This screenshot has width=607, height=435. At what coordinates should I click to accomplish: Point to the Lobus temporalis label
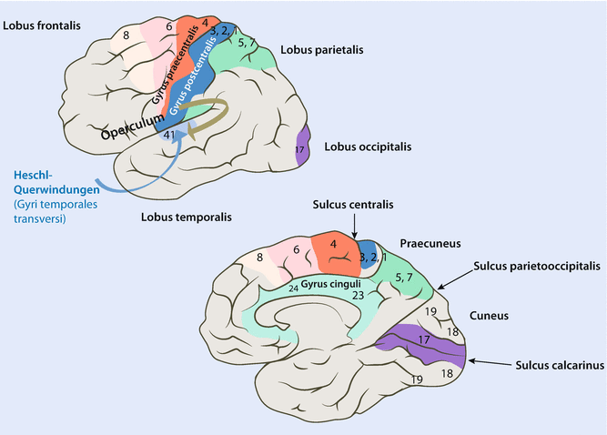[x=186, y=217]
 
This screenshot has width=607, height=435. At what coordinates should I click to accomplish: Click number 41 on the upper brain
[x=169, y=136]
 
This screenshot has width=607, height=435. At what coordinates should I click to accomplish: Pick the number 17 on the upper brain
[x=300, y=149]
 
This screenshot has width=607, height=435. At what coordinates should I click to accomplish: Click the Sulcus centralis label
[x=351, y=207]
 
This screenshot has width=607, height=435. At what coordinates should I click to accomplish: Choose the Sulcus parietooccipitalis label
[x=538, y=268]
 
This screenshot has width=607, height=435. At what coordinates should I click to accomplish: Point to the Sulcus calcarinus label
[x=548, y=364]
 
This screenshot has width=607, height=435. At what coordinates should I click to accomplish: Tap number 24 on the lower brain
[x=293, y=288]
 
